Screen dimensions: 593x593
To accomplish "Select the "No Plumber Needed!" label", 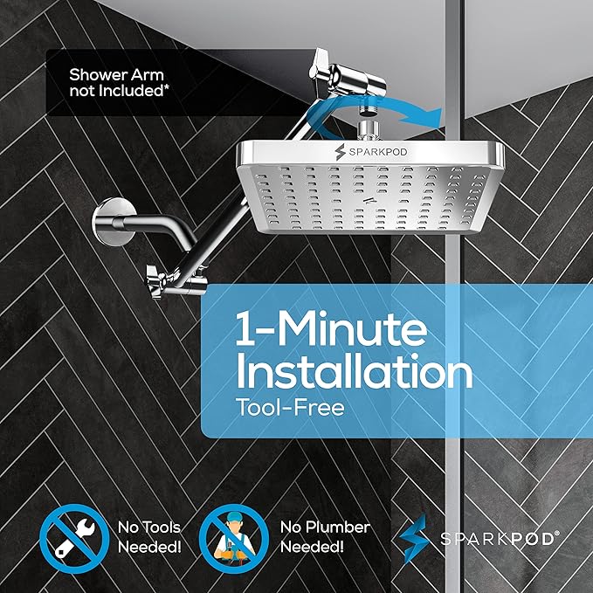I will [x=325, y=536].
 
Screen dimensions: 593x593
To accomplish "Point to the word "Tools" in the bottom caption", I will [x=162, y=527].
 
